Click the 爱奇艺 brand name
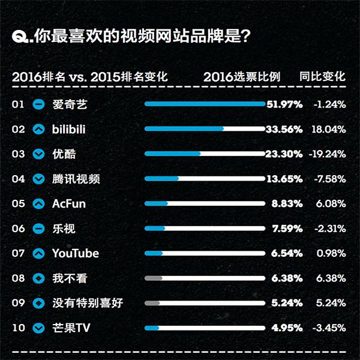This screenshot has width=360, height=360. [69, 104]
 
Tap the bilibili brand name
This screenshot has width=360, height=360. [71, 129]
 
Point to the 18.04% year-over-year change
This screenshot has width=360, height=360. [329, 129]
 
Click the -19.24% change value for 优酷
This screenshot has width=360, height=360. [327, 154]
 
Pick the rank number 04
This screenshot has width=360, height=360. [18, 179]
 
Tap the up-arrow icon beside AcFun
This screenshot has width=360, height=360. [39, 204]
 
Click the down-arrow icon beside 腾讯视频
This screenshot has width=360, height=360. [39, 179]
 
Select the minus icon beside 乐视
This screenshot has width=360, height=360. [39, 229]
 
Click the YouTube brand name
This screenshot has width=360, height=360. [75, 253]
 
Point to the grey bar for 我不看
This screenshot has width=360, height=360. [154, 278]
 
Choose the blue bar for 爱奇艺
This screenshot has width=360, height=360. [204, 104]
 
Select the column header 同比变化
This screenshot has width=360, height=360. [323, 77]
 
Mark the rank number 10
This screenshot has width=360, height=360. [18, 328]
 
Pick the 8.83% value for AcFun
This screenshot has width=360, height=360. [287, 204]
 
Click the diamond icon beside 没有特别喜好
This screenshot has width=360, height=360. [39, 303]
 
